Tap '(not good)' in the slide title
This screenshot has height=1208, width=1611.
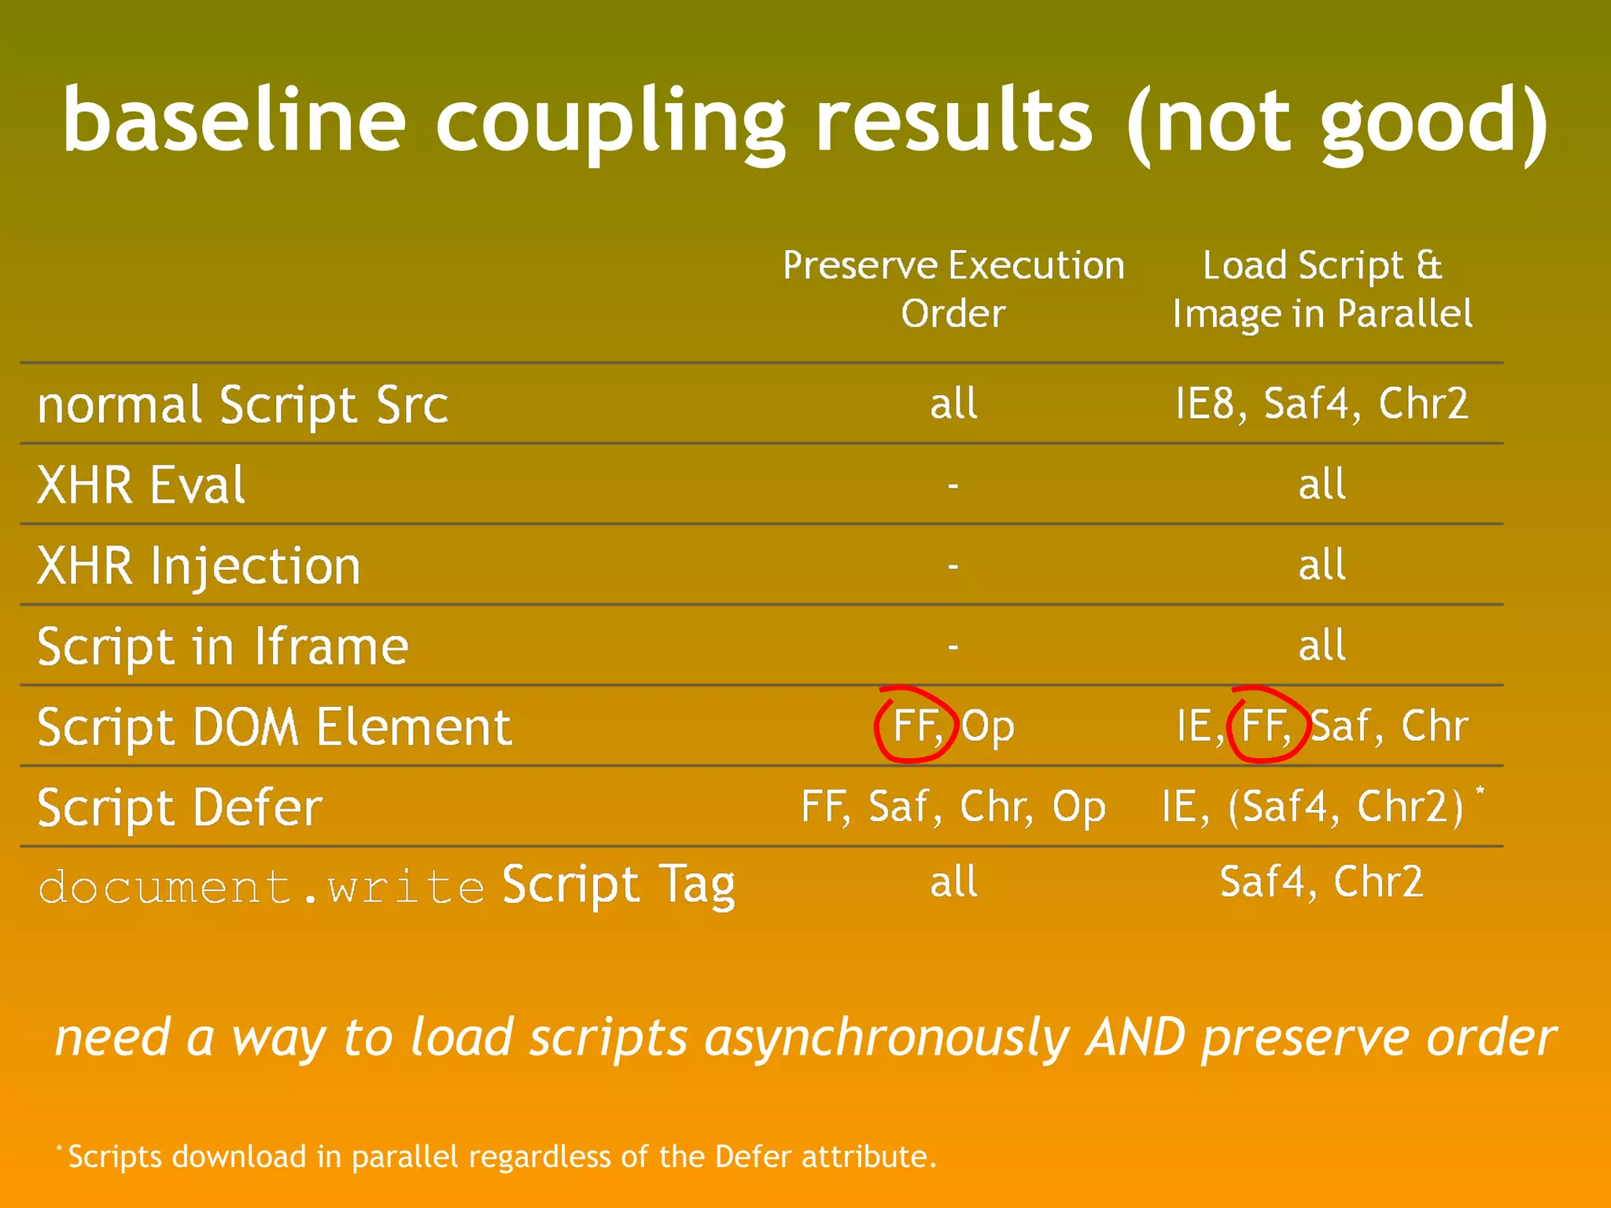1337,122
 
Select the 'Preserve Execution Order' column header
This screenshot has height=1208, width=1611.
953,289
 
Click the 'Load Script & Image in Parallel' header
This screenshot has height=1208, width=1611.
1322,289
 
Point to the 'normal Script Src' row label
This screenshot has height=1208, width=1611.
242,405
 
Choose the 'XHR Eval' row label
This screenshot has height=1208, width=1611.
142,484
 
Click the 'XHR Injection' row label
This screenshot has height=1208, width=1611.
199,565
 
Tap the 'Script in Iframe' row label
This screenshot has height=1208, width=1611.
223,646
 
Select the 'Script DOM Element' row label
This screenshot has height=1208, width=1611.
275,727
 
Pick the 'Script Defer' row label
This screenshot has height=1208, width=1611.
180,808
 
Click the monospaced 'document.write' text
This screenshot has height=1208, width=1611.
261,887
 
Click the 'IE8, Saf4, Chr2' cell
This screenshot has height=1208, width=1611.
1322,403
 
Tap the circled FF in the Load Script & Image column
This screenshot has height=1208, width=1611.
1266,725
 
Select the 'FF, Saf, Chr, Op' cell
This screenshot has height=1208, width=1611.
953,807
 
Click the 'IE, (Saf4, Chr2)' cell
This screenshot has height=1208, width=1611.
1313,807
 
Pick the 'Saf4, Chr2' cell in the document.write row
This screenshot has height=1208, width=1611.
1322,882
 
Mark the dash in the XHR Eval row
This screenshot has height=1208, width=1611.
953,485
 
